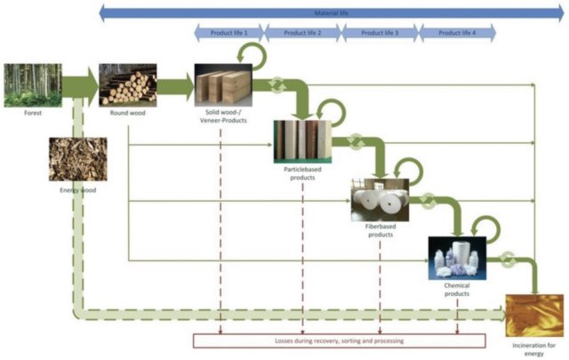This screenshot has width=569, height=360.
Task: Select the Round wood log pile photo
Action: click(127, 84)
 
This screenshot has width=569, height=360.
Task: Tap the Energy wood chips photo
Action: click(77, 159)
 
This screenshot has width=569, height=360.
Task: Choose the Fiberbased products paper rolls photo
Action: click(380, 199)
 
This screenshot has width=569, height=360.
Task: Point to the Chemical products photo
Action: click(457, 258)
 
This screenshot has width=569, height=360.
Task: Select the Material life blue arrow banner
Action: click(330, 12)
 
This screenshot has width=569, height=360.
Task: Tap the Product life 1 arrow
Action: click(228, 33)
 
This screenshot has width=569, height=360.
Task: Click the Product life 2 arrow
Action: click(300, 33)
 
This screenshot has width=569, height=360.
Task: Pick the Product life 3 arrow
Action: click(376, 33)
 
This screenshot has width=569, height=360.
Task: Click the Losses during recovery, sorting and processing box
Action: click(340, 340)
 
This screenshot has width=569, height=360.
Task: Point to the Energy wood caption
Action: click(77, 191)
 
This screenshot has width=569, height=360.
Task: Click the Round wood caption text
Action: click(127, 113)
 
